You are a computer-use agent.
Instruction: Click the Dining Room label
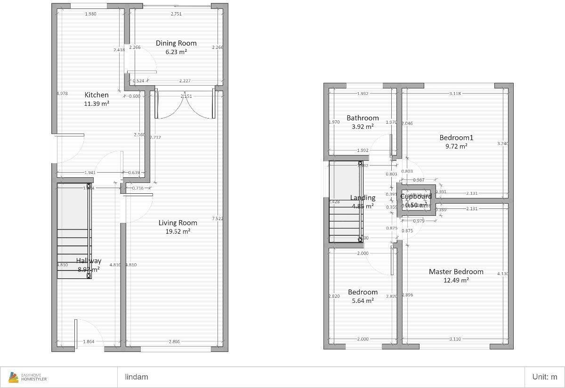(x=176, y=43)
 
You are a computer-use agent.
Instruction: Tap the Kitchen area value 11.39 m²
(x=97, y=103)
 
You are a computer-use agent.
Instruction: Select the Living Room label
(x=178, y=223)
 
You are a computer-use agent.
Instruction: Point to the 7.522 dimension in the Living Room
(x=218, y=219)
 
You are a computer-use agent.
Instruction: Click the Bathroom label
(x=363, y=118)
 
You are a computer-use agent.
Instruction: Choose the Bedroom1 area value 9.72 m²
(x=456, y=146)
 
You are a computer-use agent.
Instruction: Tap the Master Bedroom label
(x=456, y=272)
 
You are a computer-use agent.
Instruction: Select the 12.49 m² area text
(x=456, y=280)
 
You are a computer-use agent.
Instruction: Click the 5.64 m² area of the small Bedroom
(x=363, y=301)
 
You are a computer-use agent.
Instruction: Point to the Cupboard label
(x=416, y=197)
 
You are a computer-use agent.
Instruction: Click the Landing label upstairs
(x=363, y=198)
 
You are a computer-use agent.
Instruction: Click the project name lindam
(x=137, y=377)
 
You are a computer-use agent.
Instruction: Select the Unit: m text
(x=544, y=377)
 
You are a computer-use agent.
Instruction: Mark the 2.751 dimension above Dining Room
(x=176, y=14)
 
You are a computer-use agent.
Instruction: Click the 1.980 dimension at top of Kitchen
(x=90, y=14)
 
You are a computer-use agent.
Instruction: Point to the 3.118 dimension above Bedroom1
(x=455, y=94)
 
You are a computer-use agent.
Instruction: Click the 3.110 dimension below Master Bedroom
(x=455, y=339)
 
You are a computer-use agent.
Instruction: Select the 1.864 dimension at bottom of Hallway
(x=89, y=342)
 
